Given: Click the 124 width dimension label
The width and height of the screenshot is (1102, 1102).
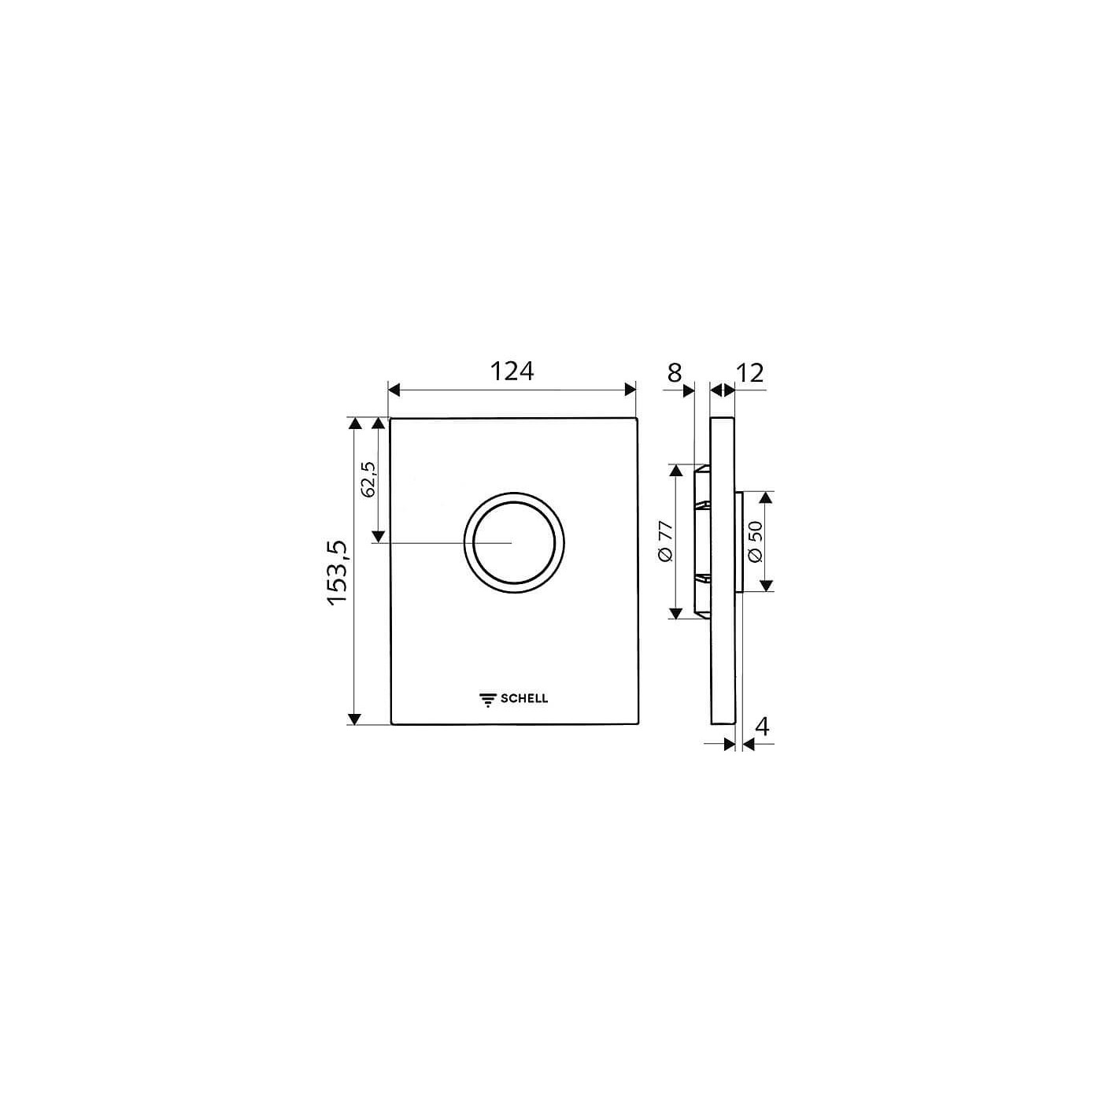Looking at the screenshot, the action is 512,372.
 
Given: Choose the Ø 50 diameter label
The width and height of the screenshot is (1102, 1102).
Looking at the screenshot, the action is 755,542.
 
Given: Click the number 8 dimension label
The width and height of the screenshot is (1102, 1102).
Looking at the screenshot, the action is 675,373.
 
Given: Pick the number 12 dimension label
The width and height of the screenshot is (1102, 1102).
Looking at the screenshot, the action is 749,373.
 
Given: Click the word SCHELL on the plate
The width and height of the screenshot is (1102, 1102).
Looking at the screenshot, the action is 524,698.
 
